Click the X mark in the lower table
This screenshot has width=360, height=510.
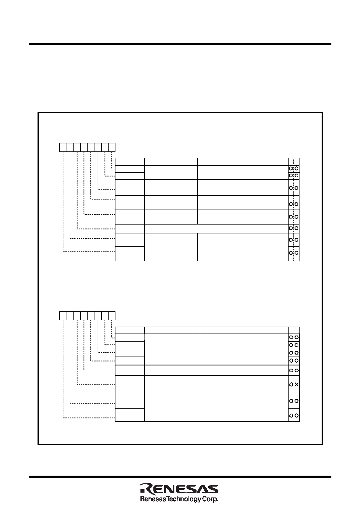pos(296,384)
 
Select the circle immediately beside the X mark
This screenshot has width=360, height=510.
pos(291,384)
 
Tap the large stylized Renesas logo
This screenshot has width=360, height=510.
pos(179,489)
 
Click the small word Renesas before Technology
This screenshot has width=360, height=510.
pos(153,499)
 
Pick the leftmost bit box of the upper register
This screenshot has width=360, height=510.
pos(63,147)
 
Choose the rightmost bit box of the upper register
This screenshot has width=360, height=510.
pos(112,147)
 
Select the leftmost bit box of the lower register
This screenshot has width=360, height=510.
pos(63,316)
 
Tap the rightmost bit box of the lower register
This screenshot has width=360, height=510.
pos(112,316)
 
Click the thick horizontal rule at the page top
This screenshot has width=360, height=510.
pos(180,44)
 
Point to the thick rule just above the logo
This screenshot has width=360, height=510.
pos(180,477)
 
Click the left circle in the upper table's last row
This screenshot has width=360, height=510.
pos(291,253)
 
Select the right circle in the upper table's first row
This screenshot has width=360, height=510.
pos(296,169)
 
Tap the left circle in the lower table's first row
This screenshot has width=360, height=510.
pos(291,338)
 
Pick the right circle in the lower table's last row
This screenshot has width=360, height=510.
pos(296,416)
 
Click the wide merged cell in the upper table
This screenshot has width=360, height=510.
pos(216,229)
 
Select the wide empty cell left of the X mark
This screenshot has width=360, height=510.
pos(216,384)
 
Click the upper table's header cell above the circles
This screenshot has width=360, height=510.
pos(293,162)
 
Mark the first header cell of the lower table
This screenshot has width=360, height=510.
pos(130,330)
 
